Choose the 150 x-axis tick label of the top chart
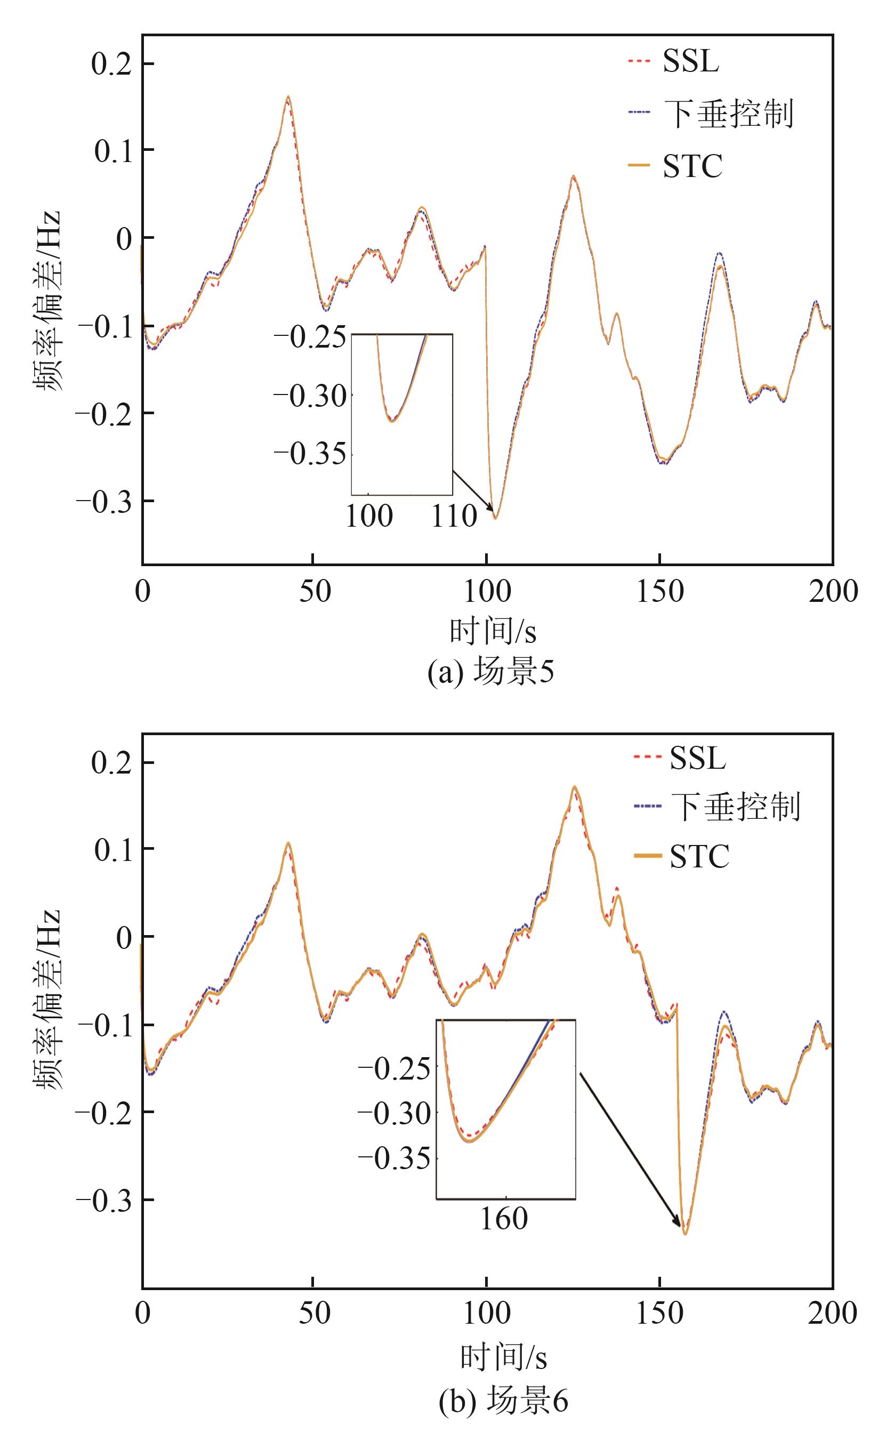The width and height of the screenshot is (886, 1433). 660,592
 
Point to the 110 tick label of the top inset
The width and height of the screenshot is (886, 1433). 454,517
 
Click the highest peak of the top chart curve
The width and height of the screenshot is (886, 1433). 288,96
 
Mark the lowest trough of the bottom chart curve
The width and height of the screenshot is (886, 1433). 685,1234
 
